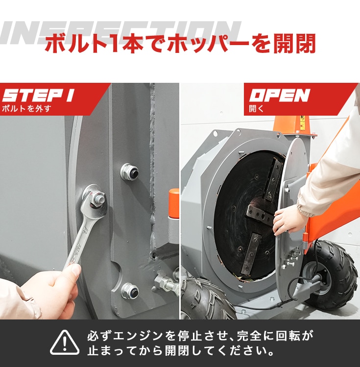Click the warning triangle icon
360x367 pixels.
[x=65, y=343]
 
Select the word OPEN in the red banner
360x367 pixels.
[x=279, y=95]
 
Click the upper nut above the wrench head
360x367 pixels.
[x=129, y=172]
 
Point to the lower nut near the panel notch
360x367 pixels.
[x=130, y=291]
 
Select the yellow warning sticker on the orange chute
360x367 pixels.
[x=303, y=123]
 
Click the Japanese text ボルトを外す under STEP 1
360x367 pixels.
[x=26, y=109]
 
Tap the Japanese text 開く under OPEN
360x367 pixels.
[x=256, y=109]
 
